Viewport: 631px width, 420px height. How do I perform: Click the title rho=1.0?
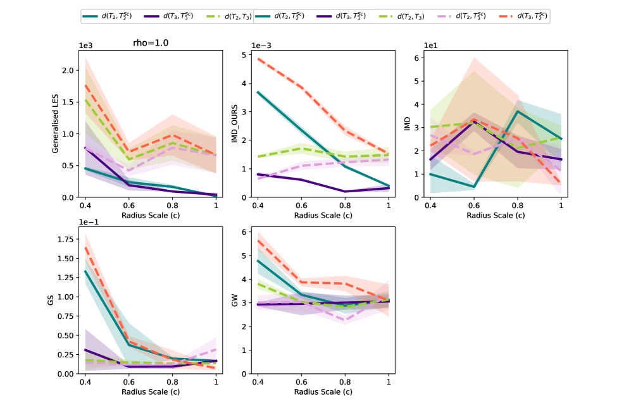150,44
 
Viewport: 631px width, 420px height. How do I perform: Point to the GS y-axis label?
50,300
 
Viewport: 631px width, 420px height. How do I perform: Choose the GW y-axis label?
234,300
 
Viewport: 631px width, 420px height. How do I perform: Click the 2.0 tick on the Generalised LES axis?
70,70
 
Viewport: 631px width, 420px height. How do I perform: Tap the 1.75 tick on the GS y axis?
65,240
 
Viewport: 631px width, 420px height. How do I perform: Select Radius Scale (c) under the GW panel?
323,392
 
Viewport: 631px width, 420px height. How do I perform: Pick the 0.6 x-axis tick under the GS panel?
128,382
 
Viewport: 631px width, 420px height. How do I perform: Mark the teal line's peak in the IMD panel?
518,111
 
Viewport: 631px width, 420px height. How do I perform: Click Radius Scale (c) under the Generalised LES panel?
150,216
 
